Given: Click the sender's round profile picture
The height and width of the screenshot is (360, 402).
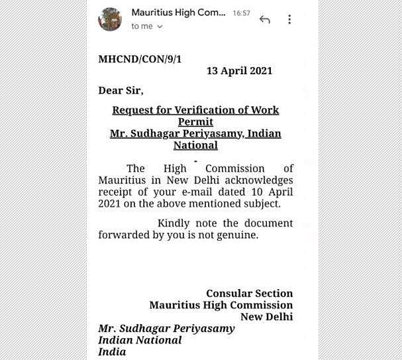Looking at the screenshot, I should tap(110, 19).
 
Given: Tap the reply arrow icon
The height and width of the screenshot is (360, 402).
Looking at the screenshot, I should tap(265, 19).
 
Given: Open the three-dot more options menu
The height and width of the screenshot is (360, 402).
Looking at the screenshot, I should tap(289, 19).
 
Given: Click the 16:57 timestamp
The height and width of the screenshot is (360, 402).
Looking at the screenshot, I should tap(241, 13).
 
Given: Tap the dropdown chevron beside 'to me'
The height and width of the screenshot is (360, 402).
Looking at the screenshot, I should tap(160, 27).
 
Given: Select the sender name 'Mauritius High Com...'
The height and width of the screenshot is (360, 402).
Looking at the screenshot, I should tap(179, 13).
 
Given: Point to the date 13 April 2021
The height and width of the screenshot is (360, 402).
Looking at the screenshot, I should tap(239, 71).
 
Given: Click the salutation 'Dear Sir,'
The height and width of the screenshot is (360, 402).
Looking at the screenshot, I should tap(121, 90).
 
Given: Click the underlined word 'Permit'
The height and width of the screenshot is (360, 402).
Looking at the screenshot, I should tap(195, 122).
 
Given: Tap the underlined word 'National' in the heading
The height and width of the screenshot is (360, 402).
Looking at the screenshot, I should tap(195, 145).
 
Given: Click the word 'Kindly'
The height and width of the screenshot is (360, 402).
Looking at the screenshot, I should tap(175, 223).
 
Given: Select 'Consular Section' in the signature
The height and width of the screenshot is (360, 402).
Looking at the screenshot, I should tap(249, 293).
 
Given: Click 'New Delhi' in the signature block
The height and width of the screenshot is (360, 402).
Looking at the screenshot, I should tap(266, 317).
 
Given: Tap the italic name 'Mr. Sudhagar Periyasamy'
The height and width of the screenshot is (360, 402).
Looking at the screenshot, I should tap(166, 328).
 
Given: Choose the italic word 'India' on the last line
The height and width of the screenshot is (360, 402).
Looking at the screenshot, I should tap(112, 352).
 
